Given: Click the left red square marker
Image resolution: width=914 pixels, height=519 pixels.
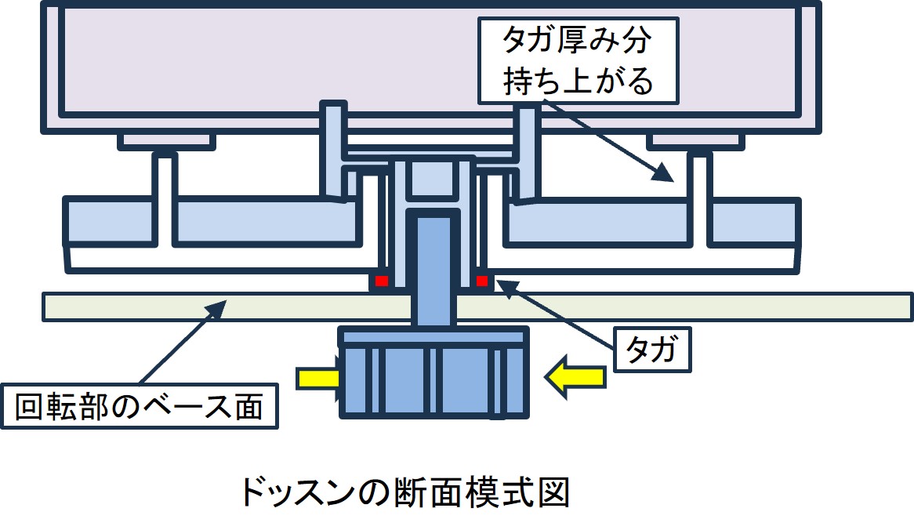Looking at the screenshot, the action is click(x=381, y=281).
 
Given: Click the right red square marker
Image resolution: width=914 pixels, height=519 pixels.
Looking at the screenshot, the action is click(x=482, y=281).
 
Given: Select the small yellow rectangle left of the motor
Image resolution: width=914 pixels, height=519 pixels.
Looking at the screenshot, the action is click(x=317, y=378).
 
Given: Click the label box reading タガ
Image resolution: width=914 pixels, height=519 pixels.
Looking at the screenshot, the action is click(x=652, y=350).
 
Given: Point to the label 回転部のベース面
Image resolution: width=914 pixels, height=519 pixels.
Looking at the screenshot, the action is click(x=140, y=406).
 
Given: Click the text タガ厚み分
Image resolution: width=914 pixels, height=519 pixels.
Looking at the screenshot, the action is click(x=577, y=40).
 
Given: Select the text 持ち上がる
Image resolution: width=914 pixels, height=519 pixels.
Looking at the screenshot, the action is click(x=578, y=80).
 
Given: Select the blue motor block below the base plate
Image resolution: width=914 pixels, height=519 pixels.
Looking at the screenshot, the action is click(x=433, y=372).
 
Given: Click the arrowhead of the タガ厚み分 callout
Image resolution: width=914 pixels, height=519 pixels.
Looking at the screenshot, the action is click(x=664, y=172).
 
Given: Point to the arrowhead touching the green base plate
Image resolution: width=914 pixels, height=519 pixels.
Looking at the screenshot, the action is click(x=216, y=309).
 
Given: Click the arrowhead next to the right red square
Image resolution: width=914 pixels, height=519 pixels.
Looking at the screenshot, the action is click(x=505, y=289).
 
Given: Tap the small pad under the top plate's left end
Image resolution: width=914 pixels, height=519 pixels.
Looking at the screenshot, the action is click(x=167, y=142).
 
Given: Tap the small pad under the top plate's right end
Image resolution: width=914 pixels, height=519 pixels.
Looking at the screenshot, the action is click(x=695, y=142).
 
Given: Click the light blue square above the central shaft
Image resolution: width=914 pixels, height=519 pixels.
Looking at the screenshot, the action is click(x=432, y=179).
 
